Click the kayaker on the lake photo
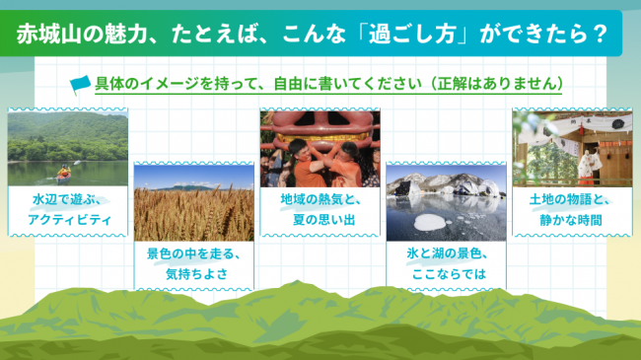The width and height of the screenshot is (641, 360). point(65,172)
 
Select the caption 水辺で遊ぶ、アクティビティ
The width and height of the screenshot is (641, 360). point(69,209)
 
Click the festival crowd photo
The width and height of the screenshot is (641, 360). point(319,148)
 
